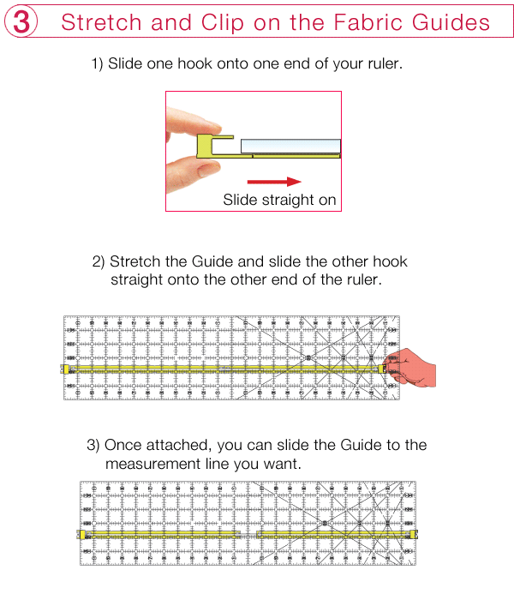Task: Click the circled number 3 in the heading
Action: tap(21, 22)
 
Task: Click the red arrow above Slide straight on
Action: tap(274, 181)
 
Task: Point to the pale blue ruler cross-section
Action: tap(290, 146)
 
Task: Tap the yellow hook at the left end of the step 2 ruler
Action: tap(65, 369)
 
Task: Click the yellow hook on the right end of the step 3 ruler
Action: tap(415, 534)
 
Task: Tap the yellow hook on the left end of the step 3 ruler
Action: tap(81, 534)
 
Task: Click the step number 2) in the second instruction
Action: tap(99, 261)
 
